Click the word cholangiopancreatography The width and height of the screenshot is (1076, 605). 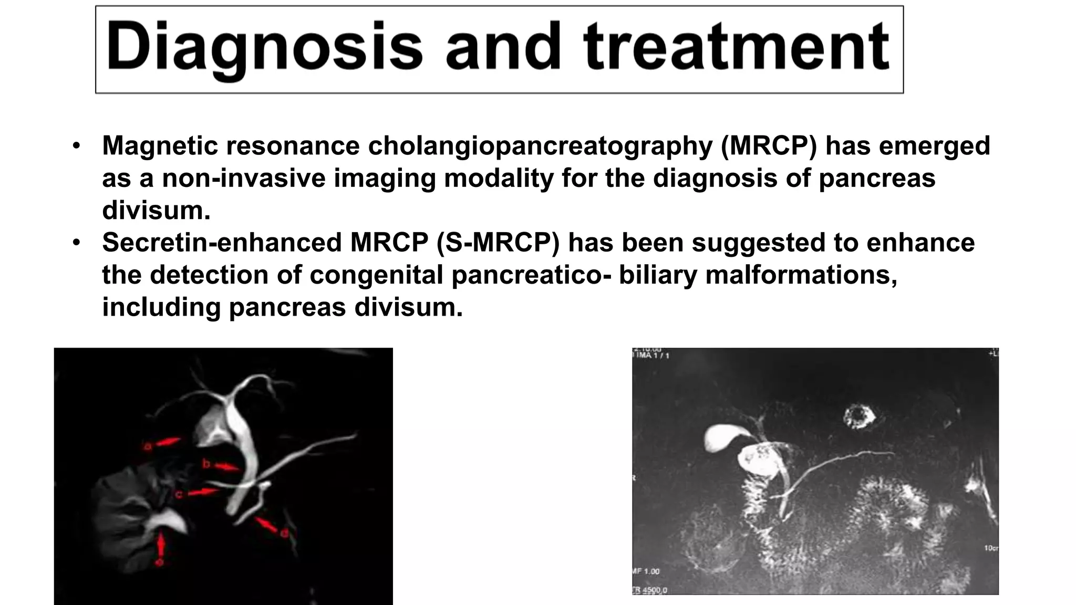540,145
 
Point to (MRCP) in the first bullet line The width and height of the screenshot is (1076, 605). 769,145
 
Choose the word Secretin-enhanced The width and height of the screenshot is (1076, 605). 222,243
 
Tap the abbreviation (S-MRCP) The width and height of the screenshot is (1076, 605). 498,243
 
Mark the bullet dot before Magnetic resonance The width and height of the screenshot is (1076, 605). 77,145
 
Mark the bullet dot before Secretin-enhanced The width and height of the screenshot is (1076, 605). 77,243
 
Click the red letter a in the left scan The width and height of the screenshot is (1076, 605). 148,447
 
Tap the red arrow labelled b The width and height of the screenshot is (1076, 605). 226,466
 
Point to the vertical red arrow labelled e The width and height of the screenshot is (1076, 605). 161,547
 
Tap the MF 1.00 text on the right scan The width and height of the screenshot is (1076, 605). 646,571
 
